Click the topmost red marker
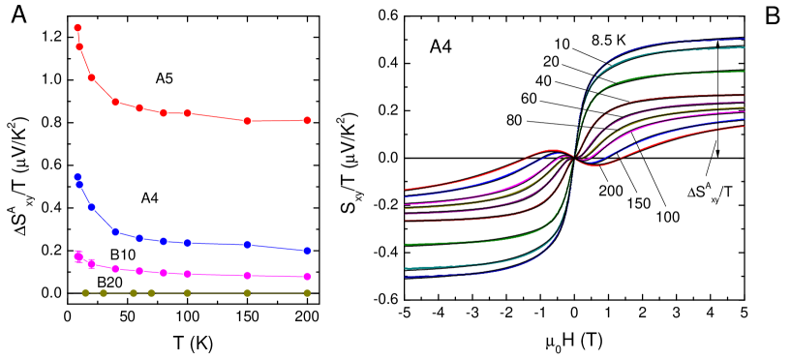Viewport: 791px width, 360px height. pyautogui.click(x=77, y=28)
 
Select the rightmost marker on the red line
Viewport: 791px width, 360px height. pyautogui.click(x=307, y=120)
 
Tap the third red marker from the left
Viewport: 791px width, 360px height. pyautogui.click(x=91, y=77)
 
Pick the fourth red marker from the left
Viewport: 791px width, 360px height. pyautogui.click(x=115, y=102)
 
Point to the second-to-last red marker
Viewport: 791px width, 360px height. pyautogui.click(x=247, y=121)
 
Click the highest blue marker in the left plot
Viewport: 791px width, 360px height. pyautogui.click(x=77, y=177)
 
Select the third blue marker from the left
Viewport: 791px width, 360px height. pyautogui.click(x=91, y=206)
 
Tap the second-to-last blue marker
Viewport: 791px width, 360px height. pyautogui.click(x=247, y=245)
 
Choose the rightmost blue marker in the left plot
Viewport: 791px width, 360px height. pyautogui.click(x=307, y=251)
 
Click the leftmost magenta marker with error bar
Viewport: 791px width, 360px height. pyautogui.click(x=78, y=256)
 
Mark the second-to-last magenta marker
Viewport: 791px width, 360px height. pyautogui.click(x=247, y=276)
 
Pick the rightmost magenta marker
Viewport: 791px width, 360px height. pyautogui.click(x=307, y=277)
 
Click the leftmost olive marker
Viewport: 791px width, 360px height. pyautogui.click(x=85, y=292)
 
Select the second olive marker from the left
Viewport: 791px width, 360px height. pyautogui.click(x=104, y=292)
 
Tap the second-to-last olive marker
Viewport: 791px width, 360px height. pyautogui.click(x=247, y=292)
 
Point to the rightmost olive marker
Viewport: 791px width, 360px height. pyautogui.click(x=307, y=292)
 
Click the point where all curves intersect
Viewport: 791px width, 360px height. pyautogui.click(x=575, y=158)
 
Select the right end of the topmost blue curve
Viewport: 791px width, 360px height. pyautogui.click(x=744, y=40)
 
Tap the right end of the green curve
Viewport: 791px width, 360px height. pyautogui.click(x=744, y=72)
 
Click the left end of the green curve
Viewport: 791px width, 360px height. pyautogui.click(x=405, y=244)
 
